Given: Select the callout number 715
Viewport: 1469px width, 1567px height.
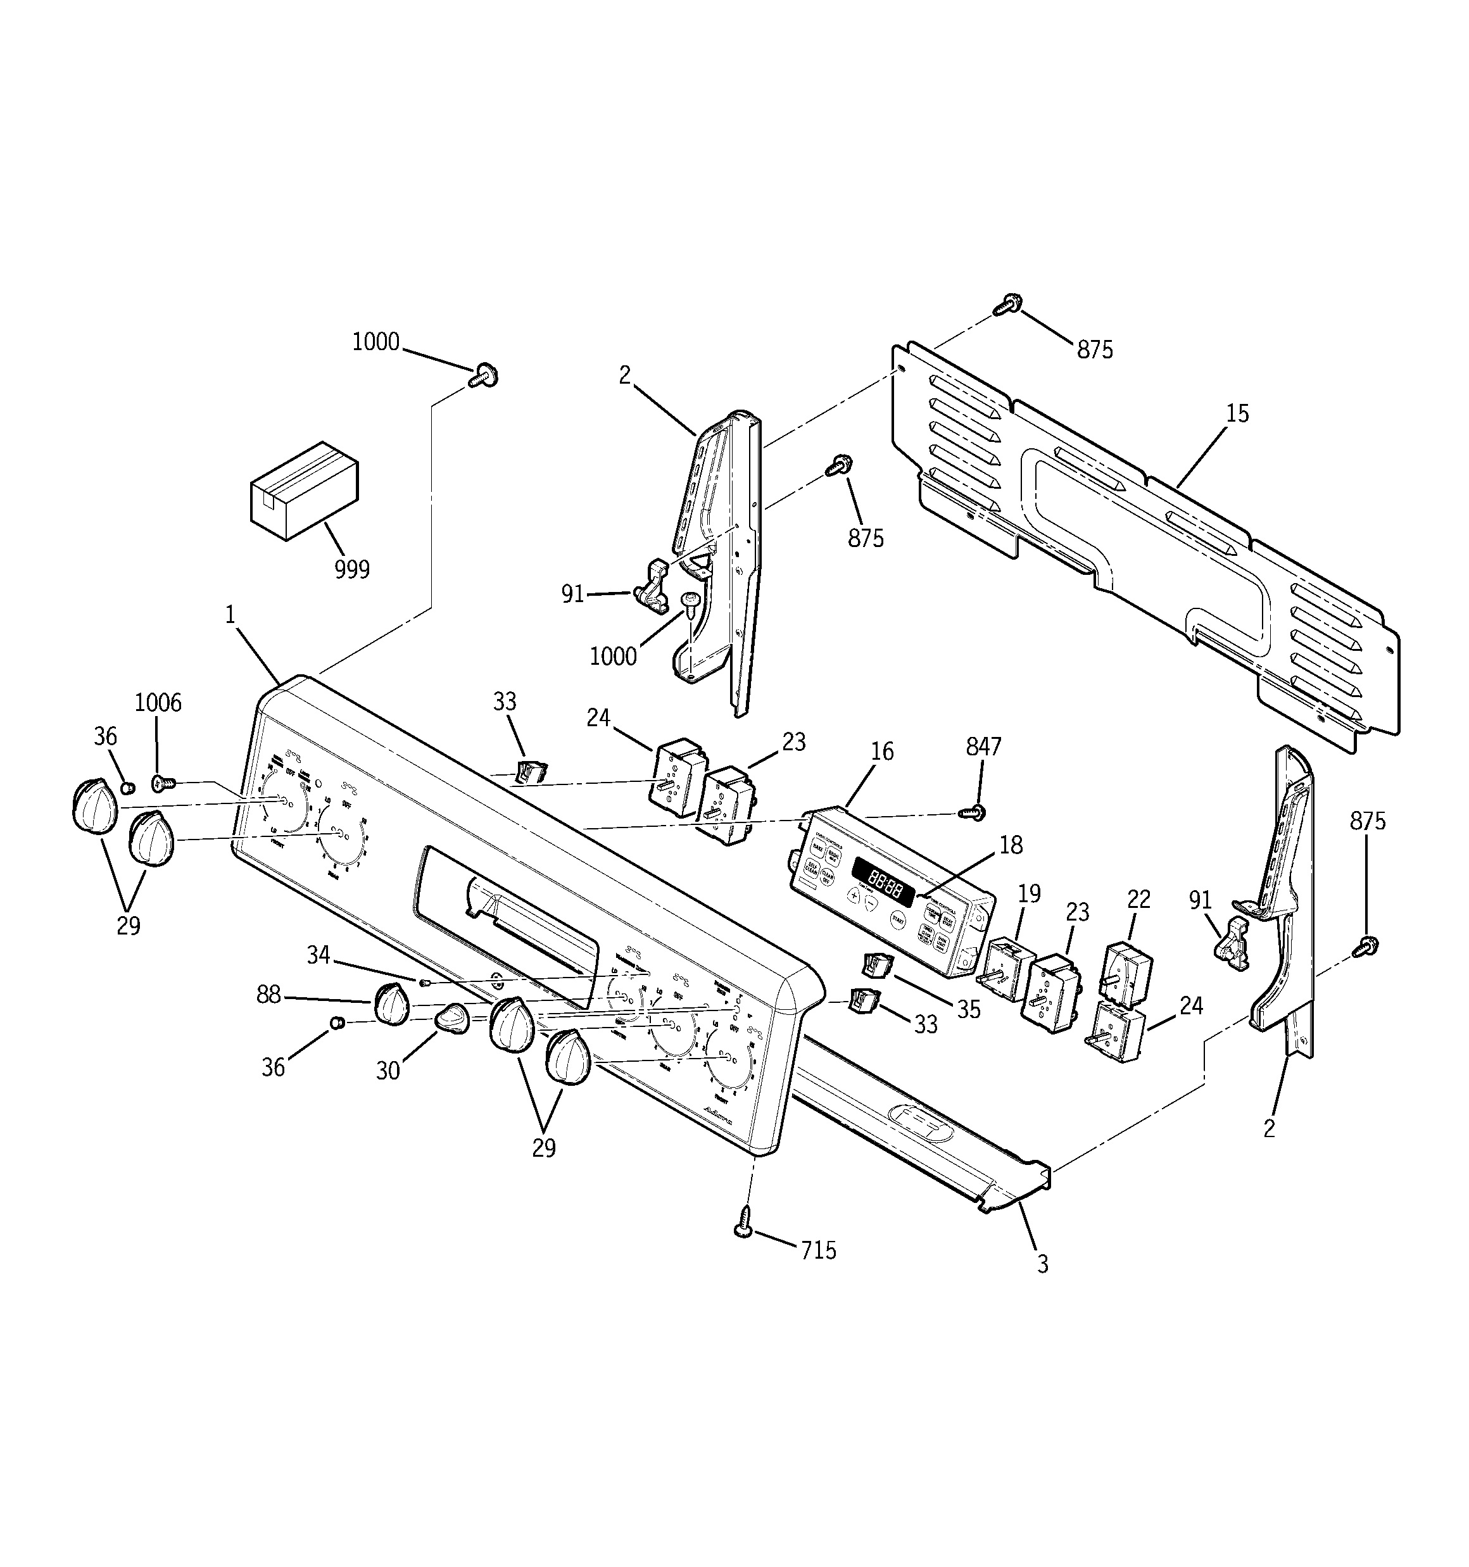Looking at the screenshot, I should pyautogui.click(x=819, y=1250).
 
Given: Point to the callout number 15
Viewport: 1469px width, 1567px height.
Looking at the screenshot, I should pyautogui.click(x=1237, y=414).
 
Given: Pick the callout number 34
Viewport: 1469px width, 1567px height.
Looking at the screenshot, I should pyautogui.click(x=318, y=955).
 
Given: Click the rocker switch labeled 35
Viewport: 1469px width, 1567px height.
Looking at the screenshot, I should pyautogui.click(x=876, y=964).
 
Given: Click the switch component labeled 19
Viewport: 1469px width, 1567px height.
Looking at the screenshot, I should pyautogui.click(x=1009, y=967).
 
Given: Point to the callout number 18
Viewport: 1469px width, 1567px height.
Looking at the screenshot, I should pyautogui.click(x=1011, y=845).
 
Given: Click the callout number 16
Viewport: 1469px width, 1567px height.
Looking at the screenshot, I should pyautogui.click(x=882, y=752).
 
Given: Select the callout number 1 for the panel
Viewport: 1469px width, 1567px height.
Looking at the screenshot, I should pyautogui.click(x=230, y=615).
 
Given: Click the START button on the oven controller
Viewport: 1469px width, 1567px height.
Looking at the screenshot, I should pyautogui.click(x=898, y=919).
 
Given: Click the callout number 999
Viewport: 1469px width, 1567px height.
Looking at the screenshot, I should pyautogui.click(x=351, y=569).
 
